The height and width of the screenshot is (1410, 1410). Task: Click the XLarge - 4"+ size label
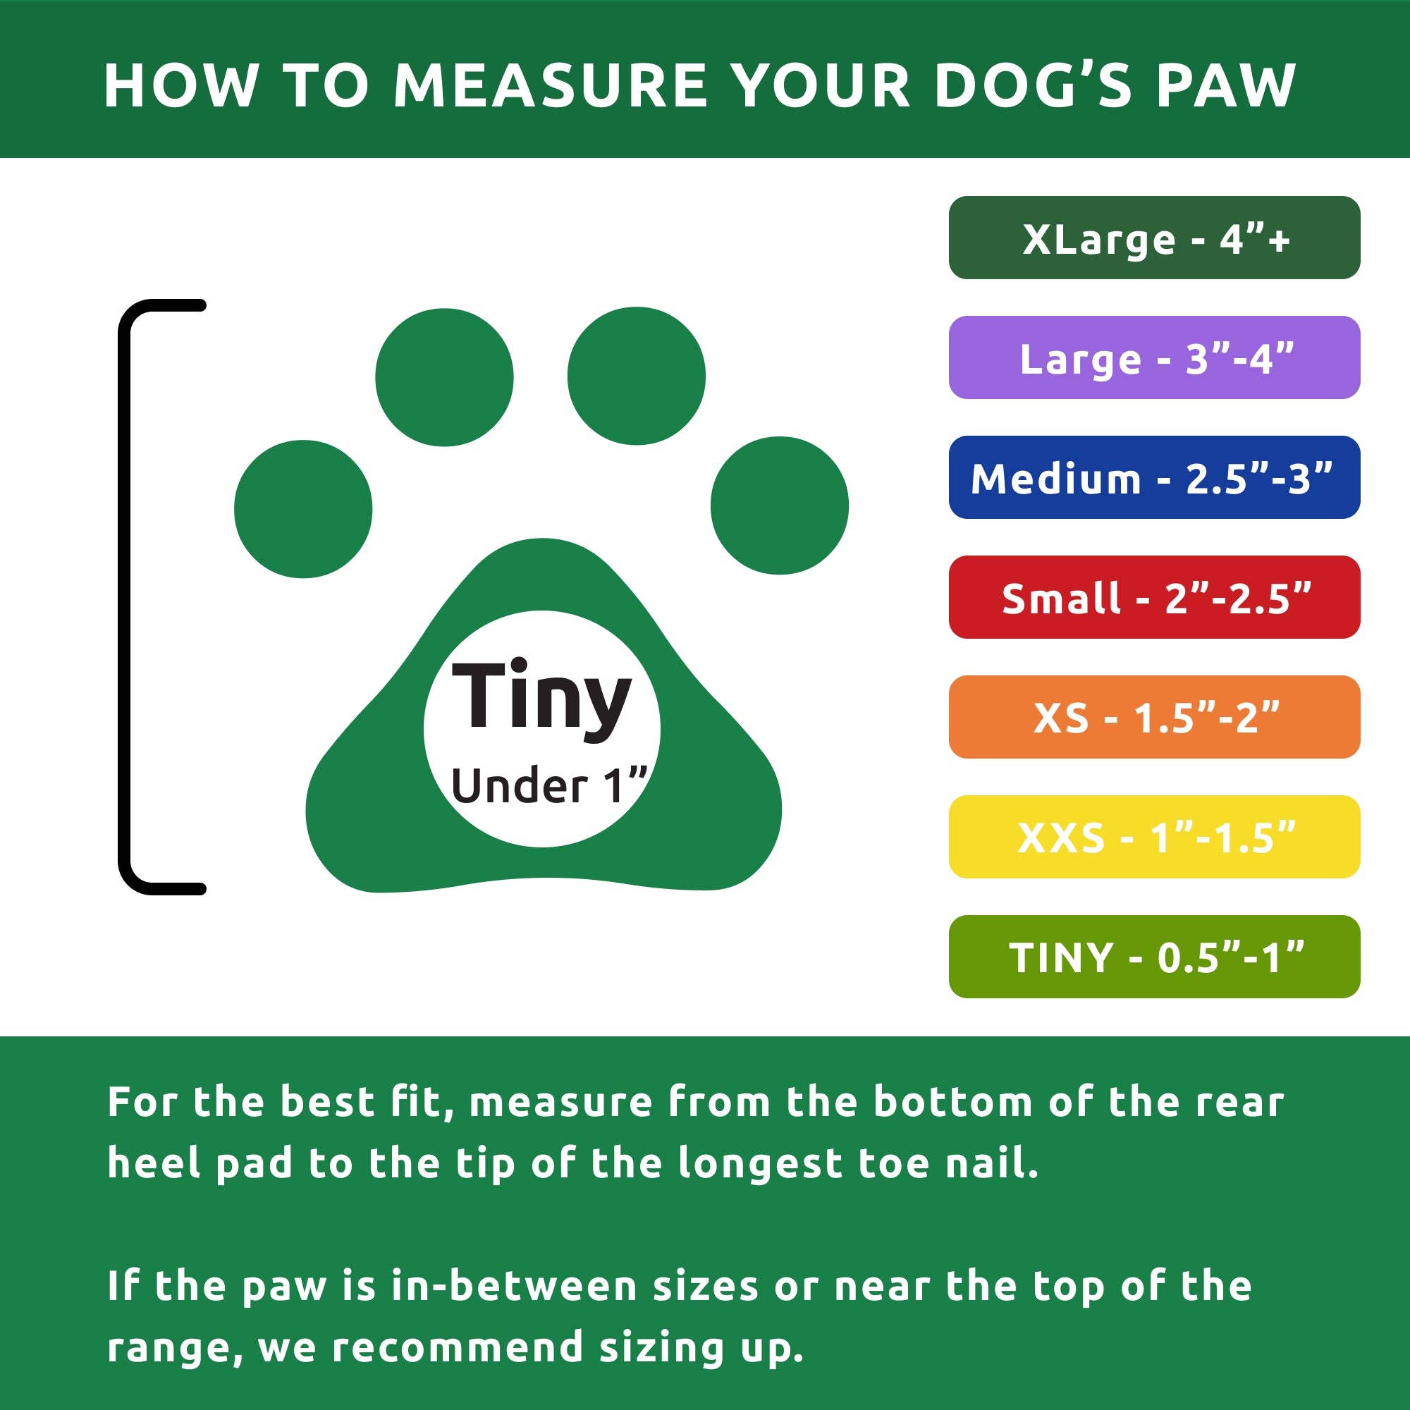1154,238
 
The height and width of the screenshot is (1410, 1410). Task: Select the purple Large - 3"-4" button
1154,357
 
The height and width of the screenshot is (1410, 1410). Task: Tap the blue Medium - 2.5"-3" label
1154,477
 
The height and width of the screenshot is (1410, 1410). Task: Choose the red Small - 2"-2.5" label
1154,597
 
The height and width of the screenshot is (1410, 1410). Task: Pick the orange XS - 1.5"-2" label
1154,717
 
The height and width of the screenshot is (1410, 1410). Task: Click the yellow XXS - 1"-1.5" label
1154,836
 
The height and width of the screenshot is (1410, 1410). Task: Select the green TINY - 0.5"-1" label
1154,956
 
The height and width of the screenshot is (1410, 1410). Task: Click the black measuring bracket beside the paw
125,597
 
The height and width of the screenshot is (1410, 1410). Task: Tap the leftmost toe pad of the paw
303,509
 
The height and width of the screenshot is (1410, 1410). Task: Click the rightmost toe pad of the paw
780,505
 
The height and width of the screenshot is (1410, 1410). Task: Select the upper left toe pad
443,377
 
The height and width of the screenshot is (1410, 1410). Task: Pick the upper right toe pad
636,376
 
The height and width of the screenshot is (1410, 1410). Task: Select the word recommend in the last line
458,1347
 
